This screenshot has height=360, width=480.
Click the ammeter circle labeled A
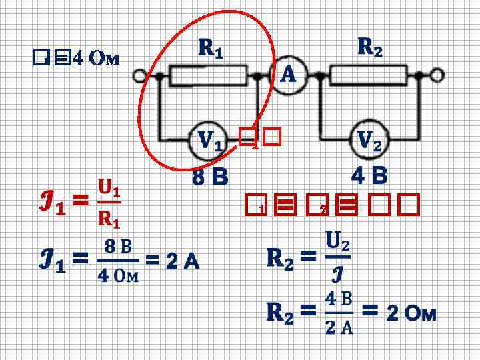(287, 75)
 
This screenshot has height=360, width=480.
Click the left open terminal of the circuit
(140, 76)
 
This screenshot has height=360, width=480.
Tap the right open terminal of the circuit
(437, 75)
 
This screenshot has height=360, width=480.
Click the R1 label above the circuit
(211, 48)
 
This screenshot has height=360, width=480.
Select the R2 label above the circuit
(370, 47)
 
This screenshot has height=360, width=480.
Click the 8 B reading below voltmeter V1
(210, 178)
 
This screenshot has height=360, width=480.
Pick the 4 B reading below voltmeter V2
(369, 176)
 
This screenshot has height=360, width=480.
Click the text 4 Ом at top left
(95, 59)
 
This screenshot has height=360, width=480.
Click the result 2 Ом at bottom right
(411, 313)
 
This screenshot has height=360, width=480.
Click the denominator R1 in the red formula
(109, 217)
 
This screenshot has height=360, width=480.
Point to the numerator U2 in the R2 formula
(338, 242)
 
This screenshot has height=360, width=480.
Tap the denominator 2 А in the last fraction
(339, 327)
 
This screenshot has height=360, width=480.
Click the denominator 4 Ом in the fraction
(118, 275)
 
